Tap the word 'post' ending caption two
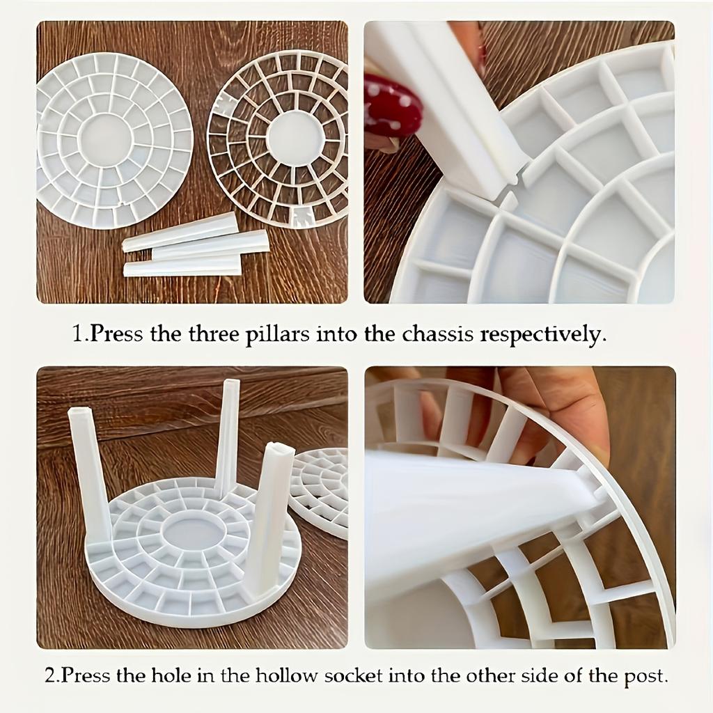pyautogui.click(x=649, y=676)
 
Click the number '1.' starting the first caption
pyautogui.click(x=79, y=334)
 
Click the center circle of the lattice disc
pyautogui.click(x=295, y=138)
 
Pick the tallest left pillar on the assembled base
pyautogui.click(x=89, y=473)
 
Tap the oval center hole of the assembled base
pyautogui.click(x=191, y=533)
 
